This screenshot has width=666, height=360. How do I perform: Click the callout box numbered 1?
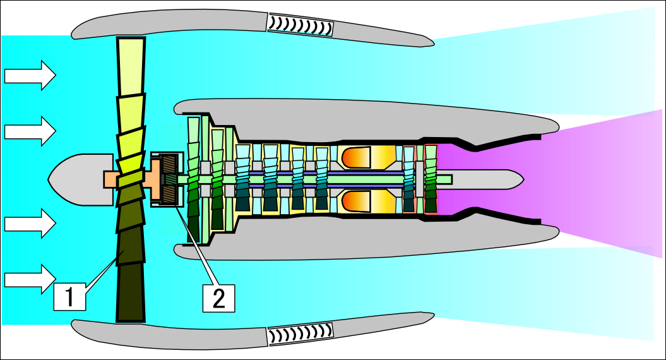click(69, 297)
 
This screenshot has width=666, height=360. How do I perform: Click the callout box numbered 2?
click(219, 298)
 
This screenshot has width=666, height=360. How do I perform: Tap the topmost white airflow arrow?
click(30, 75)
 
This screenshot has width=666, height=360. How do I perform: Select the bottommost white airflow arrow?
click(30, 279)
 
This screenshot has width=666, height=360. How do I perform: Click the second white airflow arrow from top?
click(30, 131)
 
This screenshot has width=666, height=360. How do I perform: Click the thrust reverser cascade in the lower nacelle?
click(300, 334)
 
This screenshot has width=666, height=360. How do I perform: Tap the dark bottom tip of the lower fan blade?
click(131, 293)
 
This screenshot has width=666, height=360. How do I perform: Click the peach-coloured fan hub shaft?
click(133, 180)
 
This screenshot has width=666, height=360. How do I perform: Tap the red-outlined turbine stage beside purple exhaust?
click(431, 179)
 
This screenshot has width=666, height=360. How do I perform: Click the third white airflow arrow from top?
click(30, 223)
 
